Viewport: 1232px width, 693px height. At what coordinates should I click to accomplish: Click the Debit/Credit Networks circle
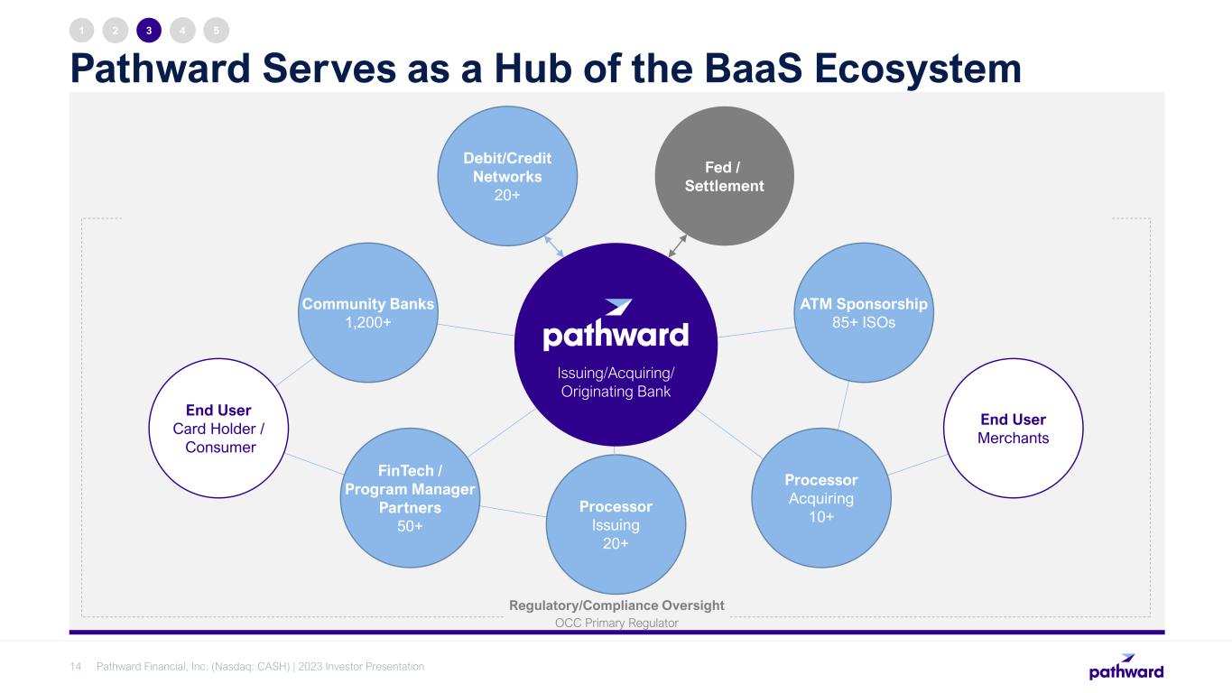[x=507, y=176]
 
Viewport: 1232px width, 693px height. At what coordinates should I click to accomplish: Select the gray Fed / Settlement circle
[x=723, y=176]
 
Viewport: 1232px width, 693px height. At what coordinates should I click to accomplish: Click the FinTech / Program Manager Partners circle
[x=410, y=497]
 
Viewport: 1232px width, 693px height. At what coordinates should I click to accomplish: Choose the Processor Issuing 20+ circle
[x=616, y=524]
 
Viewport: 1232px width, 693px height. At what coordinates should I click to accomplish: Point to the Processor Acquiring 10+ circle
[x=820, y=498]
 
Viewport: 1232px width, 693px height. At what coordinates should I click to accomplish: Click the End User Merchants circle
[x=1013, y=429]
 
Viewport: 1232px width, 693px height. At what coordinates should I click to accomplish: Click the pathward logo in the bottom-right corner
[x=1125, y=667]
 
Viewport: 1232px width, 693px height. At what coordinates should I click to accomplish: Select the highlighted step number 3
[x=149, y=31]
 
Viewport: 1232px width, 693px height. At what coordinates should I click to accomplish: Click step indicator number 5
[x=217, y=31]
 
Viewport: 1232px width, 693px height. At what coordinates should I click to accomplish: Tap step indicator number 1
[x=82, y=31]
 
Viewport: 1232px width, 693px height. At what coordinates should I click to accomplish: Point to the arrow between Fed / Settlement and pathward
[x=678, y=246]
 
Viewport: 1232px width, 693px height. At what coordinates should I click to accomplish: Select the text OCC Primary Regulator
[x=616, y=624]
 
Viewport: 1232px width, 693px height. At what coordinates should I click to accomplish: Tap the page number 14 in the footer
[x=76, y=667]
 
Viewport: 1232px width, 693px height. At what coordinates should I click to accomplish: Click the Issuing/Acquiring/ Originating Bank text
[x=616, y=383]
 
